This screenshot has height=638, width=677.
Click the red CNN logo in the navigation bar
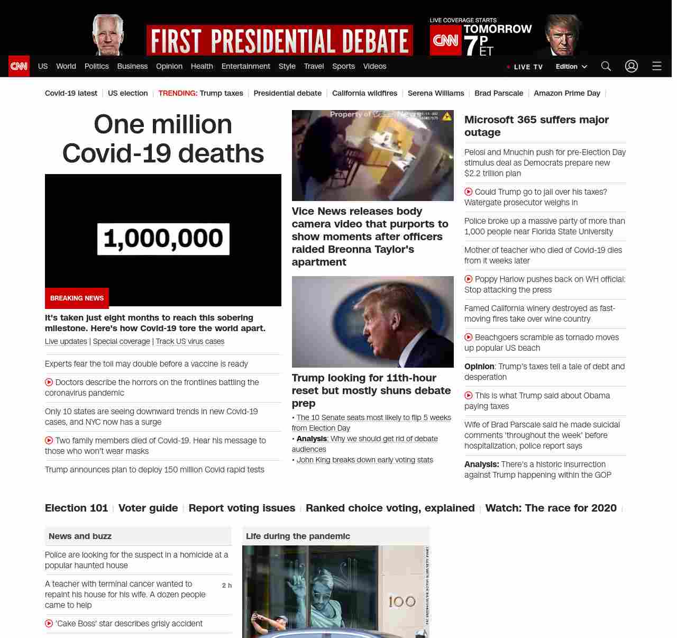point(19,66)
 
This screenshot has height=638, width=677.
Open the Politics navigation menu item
point(96,66)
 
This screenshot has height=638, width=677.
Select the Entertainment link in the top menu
point(245,66)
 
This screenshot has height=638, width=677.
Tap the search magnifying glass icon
point(606,66)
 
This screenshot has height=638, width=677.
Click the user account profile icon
point(631,66)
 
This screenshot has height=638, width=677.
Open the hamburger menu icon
point(656,66)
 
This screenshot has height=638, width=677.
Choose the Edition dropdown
point(571,67)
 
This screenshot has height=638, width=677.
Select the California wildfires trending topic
point(364,93)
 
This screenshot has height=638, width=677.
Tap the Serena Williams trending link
point(436,93)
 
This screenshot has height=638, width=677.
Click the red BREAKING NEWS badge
point(77,298)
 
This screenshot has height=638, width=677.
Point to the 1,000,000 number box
point(163,239)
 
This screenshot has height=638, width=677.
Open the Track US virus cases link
point(190,341)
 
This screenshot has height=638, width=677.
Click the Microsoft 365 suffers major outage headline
point(536,126)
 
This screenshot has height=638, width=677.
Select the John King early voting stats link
point(364,460)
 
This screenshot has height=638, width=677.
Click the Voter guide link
point(148,508)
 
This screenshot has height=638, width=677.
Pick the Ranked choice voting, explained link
point(390,508)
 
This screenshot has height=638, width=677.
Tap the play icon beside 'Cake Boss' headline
point(49,623)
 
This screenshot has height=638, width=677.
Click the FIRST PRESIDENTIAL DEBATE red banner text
point(279,41)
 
